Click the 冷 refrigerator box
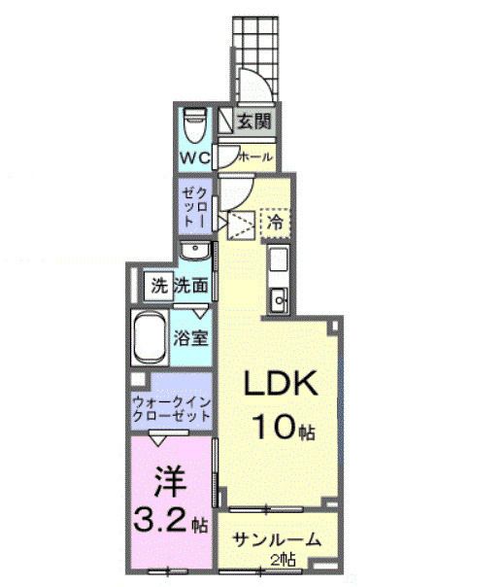click(276, 221)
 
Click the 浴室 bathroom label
click(189, 339)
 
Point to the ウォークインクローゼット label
click(171, 405)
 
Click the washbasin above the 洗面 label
click(197, 251)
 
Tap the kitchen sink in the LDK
click(278, 298)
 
